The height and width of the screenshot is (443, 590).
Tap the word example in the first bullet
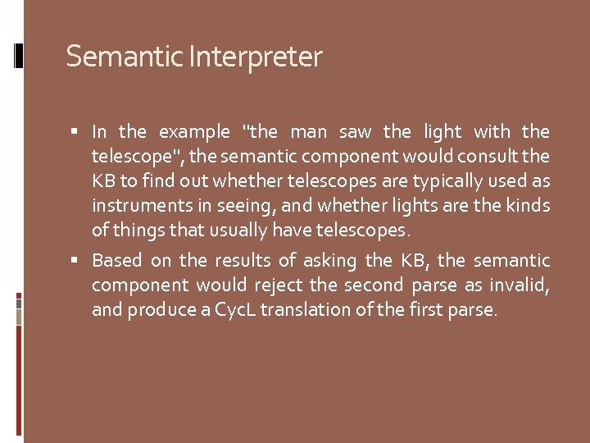(x=194, y=131)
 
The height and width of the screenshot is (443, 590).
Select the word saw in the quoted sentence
(x=356, y=131)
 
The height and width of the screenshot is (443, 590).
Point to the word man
(x=308, y=131)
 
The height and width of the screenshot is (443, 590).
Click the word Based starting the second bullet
(x=116, y=261)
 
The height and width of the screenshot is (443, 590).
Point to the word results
(x=242, y=261)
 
